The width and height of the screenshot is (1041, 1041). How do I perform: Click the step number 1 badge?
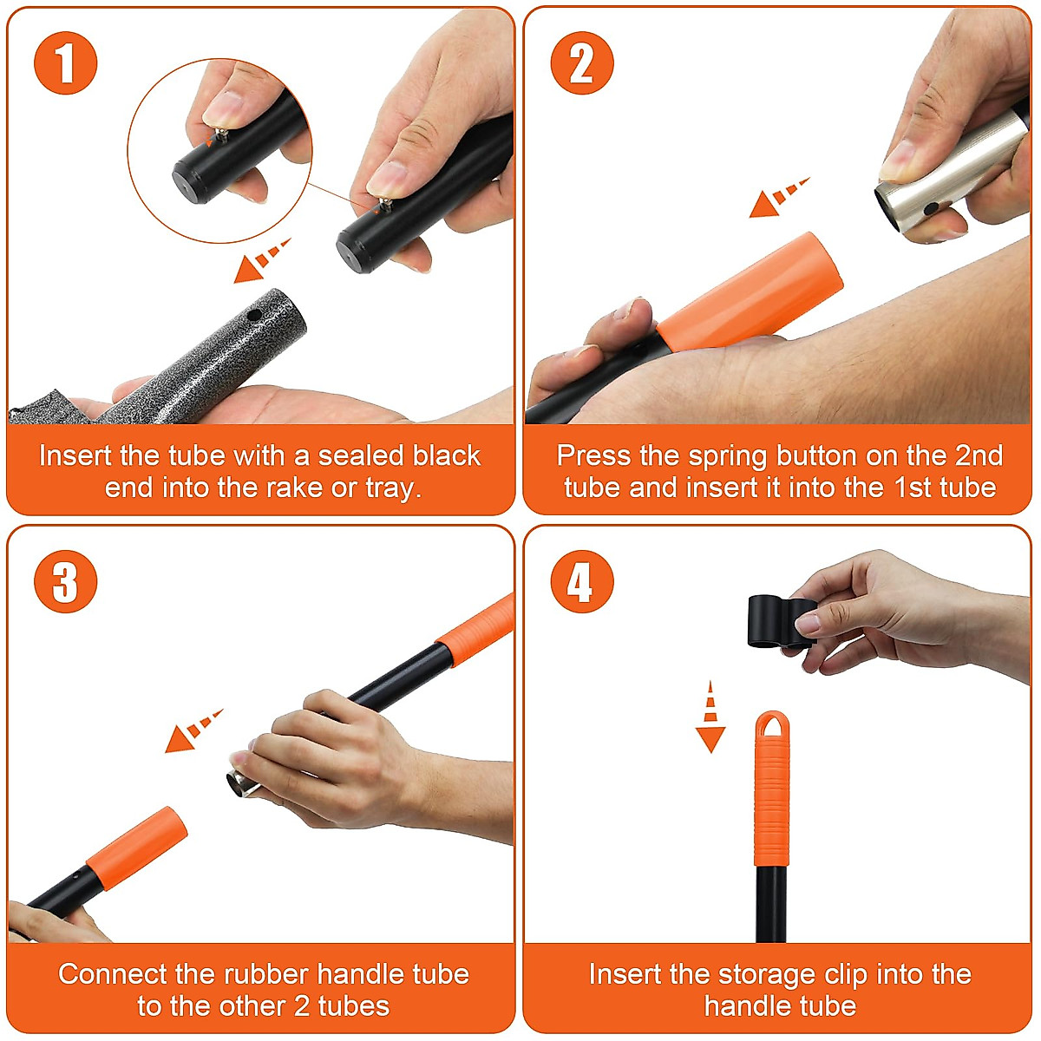(65, 63)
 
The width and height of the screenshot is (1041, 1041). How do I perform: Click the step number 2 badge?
(582, 63)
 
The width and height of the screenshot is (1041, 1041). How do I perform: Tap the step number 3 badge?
(65, 581)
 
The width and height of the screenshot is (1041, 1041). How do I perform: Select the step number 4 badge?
(582, 581)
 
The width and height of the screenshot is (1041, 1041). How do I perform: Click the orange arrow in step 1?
(261, 261)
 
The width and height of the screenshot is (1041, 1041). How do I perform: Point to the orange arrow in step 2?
(778, 197)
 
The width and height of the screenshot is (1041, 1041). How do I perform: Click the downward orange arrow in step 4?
(710, 717)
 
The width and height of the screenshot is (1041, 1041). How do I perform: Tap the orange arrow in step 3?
(193, 731)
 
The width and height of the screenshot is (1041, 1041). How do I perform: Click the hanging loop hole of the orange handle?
(772, 724)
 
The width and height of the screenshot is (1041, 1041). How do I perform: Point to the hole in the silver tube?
(930, 208)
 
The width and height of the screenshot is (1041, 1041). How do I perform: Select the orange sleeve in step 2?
(750, 292)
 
